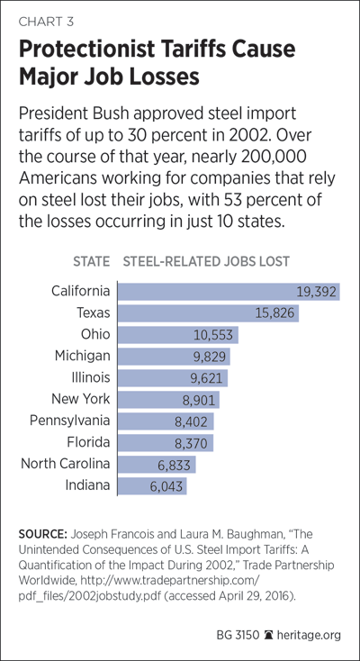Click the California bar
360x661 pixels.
(x=229, y=292)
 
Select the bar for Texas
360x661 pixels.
(x=208, y=313)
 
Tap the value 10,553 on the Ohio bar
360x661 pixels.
(x=213, y=335)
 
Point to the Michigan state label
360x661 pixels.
(x=82, y=357)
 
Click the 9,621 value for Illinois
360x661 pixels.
(x=206, y=378)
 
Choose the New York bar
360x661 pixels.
(x=168, y=400)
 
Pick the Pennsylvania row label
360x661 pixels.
(x=69, y=421)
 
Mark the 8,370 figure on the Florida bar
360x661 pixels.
(x=191, y=443)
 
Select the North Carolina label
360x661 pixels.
(x=66, y=464)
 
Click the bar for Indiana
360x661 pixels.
(x=152, y=486)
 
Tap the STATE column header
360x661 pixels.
(x=91, y=261)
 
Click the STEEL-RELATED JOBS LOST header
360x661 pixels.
(x=206, y=261)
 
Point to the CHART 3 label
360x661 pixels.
(x=46, y=22)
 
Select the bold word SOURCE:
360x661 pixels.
(x=42, y=535)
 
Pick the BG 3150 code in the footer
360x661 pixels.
(x=238, y=635)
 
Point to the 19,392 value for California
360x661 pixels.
(x=316, y=292)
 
